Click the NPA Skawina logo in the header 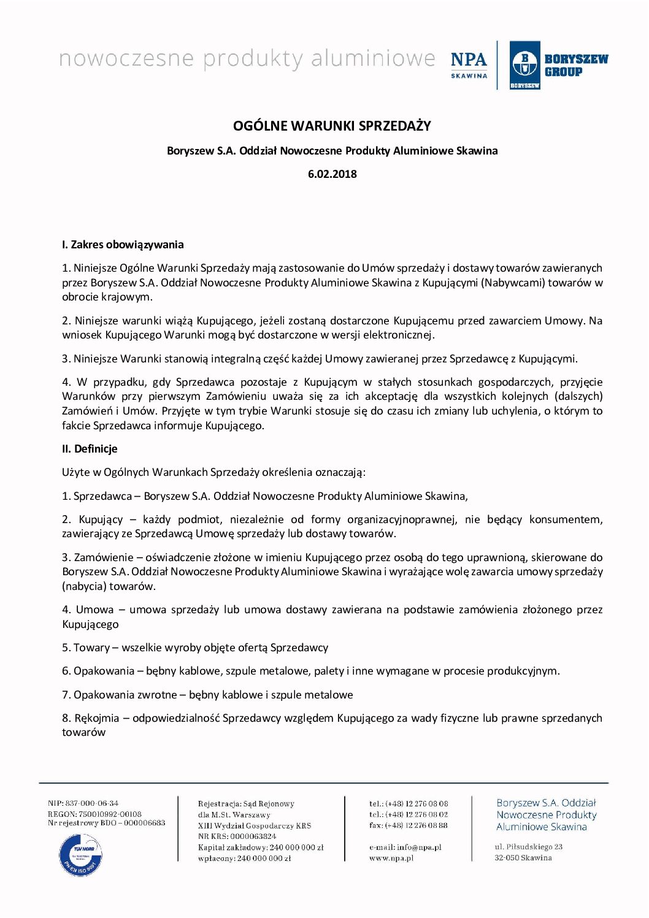pyautogui.click(x=469, y=64)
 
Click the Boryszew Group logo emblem pyautogui.click(x=524, y=65)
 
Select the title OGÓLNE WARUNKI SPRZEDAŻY pyautogui.click(x=332, y=126)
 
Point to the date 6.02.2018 pyautogui.click(x=332, y=174)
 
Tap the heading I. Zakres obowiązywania pyautogui.click(x=123, y=245)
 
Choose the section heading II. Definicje pyautogui.click(x=90, y=449)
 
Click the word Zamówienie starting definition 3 pyautogui.click(x=104, y=557)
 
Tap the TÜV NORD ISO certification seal pyautogui.click(x=80, y=854)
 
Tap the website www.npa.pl pyautogui.click(x=391, y=858)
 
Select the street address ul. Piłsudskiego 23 pyautogui.click(x=529, y=847)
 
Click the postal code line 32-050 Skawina pyautogui.click(x=523, y=858)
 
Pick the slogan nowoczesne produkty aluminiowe pyautogui.click(x=247, y=59)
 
